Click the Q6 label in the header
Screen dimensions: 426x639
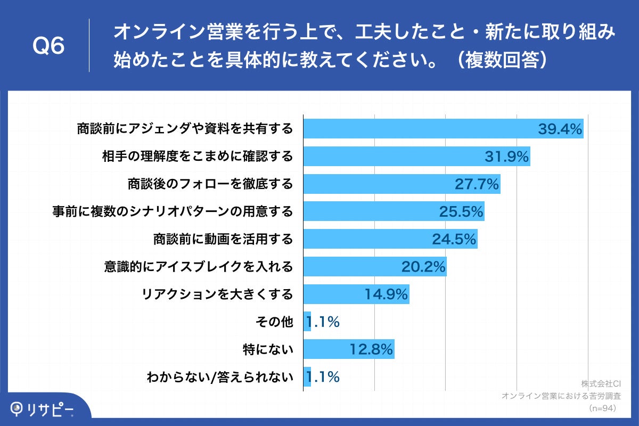tap(48, 46)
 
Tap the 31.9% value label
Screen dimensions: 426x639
tap(506, 157)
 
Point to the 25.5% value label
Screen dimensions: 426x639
tap(461, 212)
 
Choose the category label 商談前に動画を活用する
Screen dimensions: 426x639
tap(223, 239)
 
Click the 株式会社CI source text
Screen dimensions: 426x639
tap(601, 383)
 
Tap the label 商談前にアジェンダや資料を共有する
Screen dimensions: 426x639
tap(184, 129)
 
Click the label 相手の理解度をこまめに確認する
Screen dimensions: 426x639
tap(198, 157)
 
